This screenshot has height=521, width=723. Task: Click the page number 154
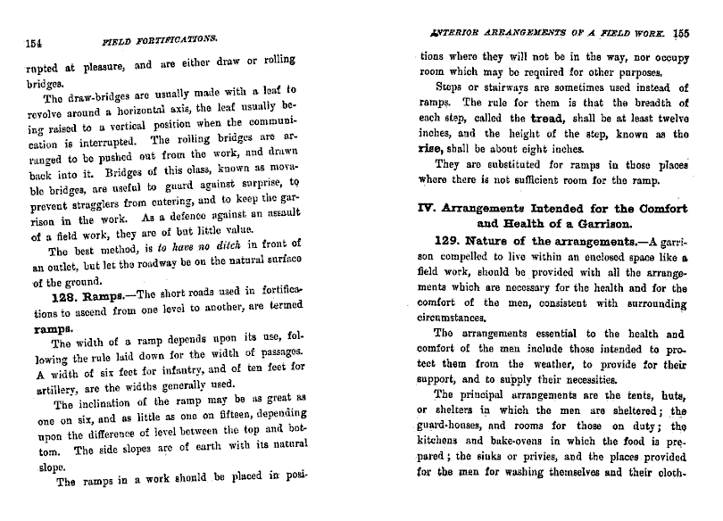pos(37,42)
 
